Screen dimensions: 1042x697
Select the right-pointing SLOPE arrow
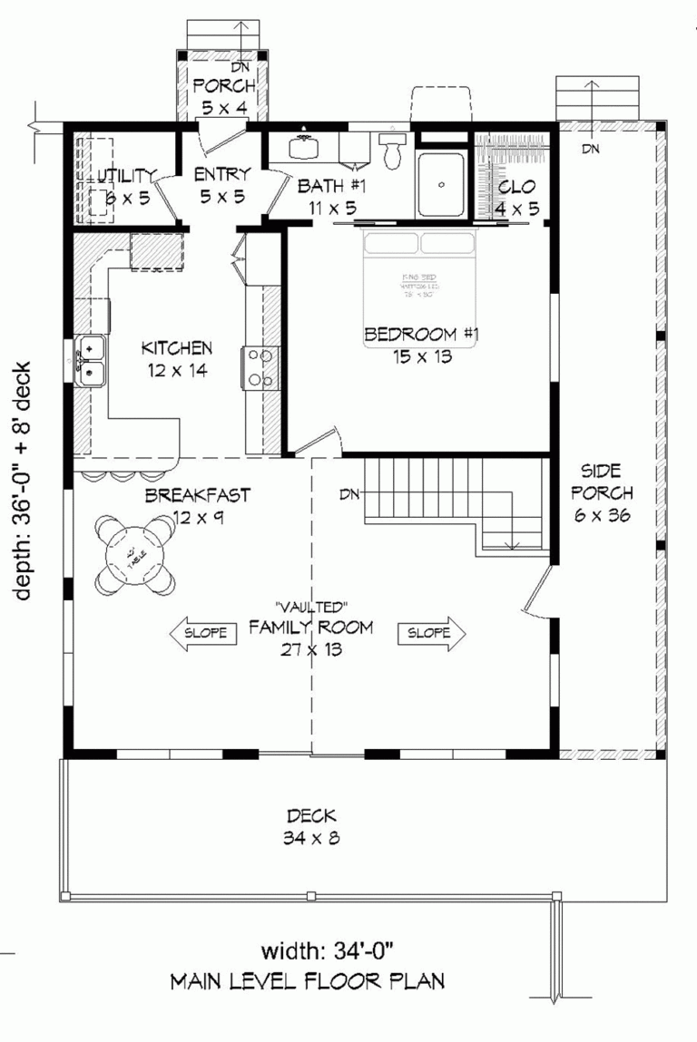[x=430, y=632]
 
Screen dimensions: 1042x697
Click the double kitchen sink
[x=90, y=361]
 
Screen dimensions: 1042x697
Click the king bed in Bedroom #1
[x=420, y=272]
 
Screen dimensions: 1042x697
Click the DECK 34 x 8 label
[x=310, y=826]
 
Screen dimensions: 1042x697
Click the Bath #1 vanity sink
[x=303, y=148]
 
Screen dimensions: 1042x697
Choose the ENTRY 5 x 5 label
[x=221, y=185]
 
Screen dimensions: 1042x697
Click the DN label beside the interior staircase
[x=350, y=495]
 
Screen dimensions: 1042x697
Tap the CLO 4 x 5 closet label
[x=516, y=198]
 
